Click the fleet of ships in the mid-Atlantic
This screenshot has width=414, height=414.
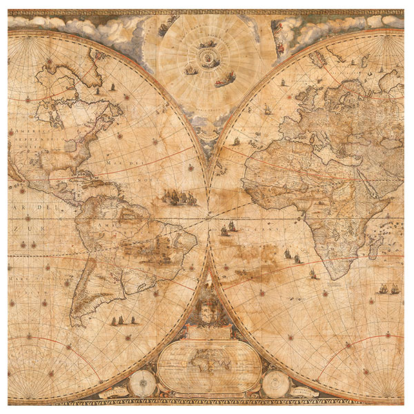(x=178, y=198)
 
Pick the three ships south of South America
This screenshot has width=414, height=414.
(x=120, y=321)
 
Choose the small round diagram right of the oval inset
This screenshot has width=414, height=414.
(x=274, y=380)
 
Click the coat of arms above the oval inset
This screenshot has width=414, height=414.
(x=206, y=313)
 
